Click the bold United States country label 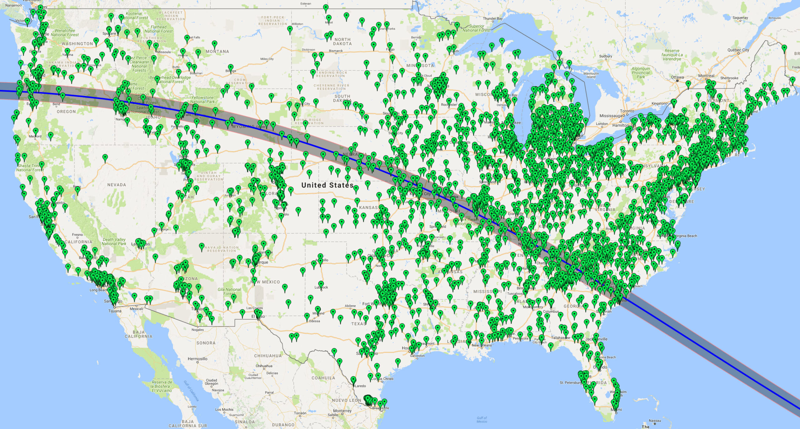(327, 185)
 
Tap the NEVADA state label (117, 185)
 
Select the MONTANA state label (217, 52)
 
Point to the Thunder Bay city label (493, 19)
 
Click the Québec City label (738, 50)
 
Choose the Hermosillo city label (197, 359)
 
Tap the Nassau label (655, 421)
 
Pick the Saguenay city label (740, 18)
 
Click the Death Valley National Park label (114, 242)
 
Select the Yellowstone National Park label (202, 100)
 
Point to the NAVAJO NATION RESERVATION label (222, 249)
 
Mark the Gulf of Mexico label (482, 420)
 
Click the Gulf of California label (191, 391)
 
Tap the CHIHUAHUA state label (268, 356)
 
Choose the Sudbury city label (606, 56)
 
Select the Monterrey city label (342, 411)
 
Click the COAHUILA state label (323, 378)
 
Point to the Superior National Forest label (477, 28)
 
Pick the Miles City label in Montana (267, 59)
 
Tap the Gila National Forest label (229, 292)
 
